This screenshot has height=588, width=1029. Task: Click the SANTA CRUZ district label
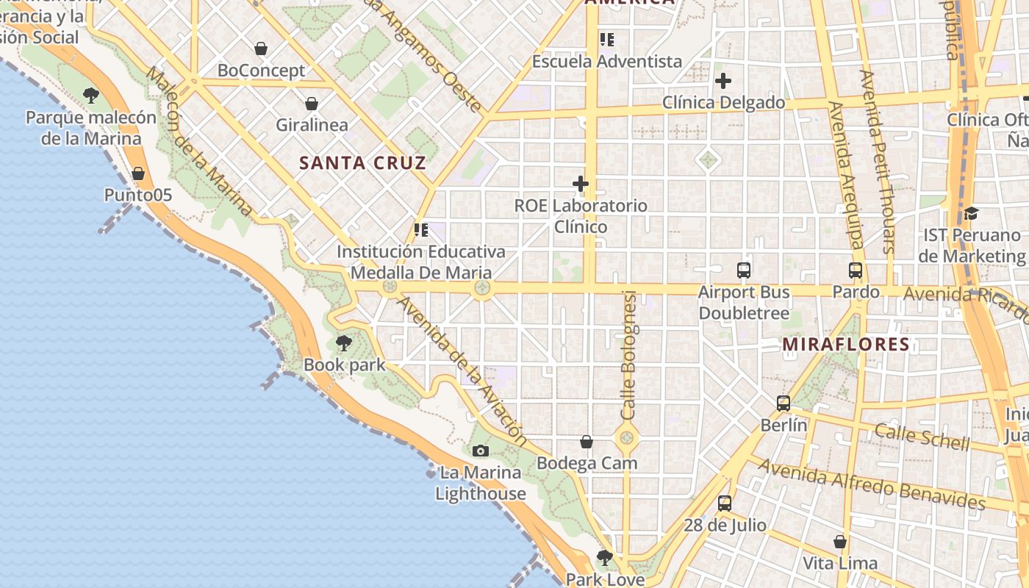tap(362, 163)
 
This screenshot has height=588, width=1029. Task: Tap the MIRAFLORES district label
tap(846, 344)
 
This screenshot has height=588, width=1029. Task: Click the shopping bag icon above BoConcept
tap(260, 49)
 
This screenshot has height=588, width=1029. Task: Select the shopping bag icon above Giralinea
tap(312, 104)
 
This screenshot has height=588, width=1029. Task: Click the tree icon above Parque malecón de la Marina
tap(91, 95)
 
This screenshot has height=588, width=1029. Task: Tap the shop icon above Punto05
tap(138, 173)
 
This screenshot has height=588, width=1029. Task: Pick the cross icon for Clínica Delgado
tap(723, 81)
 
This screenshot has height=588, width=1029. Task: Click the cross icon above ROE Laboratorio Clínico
tap(581, 183)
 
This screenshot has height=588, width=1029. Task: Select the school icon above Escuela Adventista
tap(606, 40)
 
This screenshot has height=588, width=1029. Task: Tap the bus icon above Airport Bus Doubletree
tap(744, 270)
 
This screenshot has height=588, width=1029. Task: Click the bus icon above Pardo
tap(856, 270)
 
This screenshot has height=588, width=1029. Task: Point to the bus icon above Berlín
tap(784, 403)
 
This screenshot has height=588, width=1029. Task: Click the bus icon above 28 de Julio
tap(725, 503)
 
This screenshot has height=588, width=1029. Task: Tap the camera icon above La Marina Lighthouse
tap(481, 451)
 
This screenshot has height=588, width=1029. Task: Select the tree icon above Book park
tap(343, 343)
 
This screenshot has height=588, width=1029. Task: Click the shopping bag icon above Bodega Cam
tap(587, 442)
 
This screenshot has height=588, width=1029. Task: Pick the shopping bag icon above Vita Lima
tap(840, 542)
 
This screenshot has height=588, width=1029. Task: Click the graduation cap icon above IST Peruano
tap(971, 213)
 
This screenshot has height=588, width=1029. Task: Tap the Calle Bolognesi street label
tap(629, 355)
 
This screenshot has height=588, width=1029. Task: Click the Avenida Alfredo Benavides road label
tap(872, 484)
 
